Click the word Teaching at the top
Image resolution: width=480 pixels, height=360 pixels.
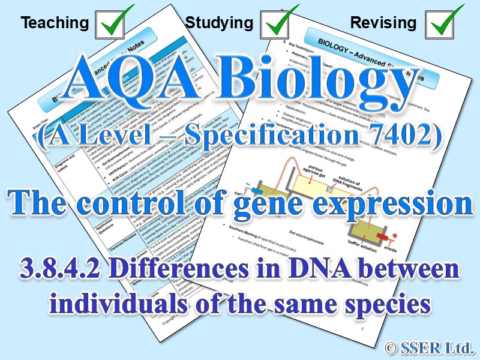click(x=55, y=23)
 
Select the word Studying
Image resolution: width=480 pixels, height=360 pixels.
click(x=219, y=23)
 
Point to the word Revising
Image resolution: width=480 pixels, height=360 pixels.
click(x=383, y=23)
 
